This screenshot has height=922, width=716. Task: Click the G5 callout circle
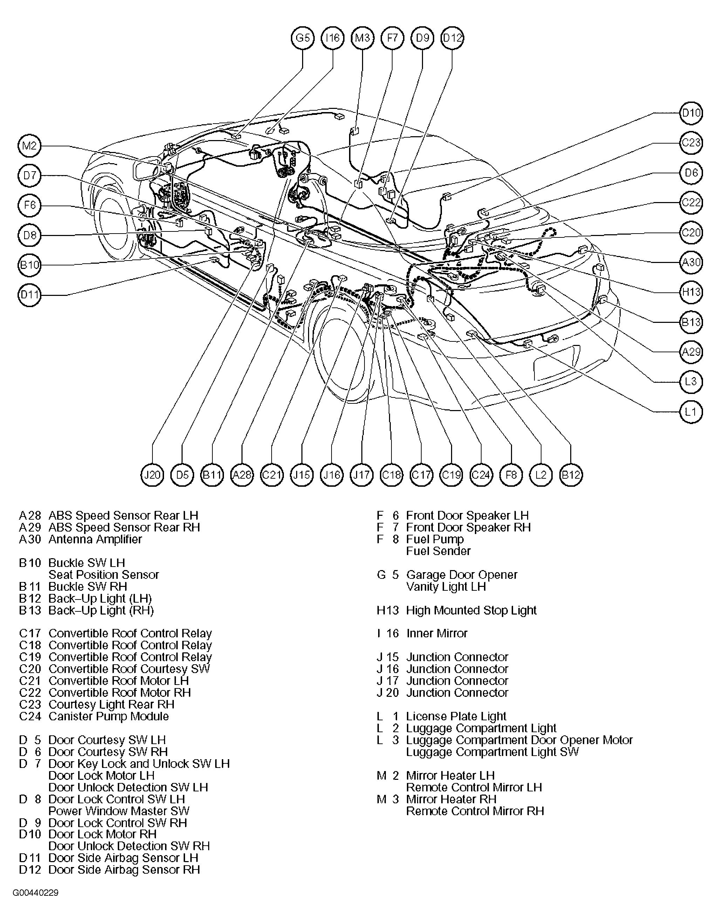point(303,38)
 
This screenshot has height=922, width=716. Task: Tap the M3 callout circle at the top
point(362,38)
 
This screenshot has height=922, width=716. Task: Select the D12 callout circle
point(452,38)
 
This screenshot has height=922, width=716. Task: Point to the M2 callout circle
point(29,146)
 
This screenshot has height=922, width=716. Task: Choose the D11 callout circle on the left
point(29,294)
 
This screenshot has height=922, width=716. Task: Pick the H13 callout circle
point(691,292)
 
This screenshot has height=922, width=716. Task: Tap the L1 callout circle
point(691,411)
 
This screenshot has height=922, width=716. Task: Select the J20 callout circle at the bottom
point(152,475)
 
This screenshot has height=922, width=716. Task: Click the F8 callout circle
point(511,475)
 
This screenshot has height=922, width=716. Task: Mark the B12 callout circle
point(571,475)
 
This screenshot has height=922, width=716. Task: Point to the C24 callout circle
point(481,475)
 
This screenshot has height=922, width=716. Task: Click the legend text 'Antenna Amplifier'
point(95,539)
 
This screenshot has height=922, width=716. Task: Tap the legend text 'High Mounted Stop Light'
point(471,610)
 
